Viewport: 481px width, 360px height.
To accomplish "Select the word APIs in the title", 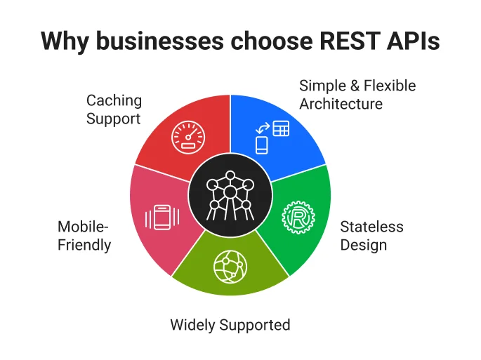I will [x=416, y=41].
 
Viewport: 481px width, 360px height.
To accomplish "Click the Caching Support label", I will [x=114, y=109].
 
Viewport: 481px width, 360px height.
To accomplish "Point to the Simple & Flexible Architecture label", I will [x=357, y=95].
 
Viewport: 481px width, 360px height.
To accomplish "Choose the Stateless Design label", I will [x=371, y=236].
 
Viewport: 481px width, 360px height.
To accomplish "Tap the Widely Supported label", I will [x=230, y=325].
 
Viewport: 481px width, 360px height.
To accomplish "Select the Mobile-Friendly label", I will [x=84, y=236].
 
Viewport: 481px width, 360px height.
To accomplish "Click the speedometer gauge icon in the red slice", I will [x=187, y=135].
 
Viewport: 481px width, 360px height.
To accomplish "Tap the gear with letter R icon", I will [x=296, y=216].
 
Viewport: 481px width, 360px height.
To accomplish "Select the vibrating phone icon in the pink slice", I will [x=162, y=216].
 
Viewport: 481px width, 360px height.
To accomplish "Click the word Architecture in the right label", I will [x=341, y=104].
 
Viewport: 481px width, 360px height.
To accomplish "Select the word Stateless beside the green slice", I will [x=371, y=227].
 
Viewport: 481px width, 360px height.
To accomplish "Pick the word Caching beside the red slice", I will [x=114, y=100].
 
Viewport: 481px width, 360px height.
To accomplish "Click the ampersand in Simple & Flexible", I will [x=352, y=86].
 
